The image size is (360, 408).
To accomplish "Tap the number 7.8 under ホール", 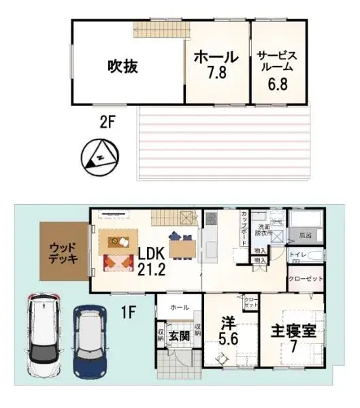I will coord(216,71).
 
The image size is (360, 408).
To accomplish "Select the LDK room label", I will coord(152,254).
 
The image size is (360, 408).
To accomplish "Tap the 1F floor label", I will coord(130,313).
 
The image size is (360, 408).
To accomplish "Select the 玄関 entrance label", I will coord(179,335).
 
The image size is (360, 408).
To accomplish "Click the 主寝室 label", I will coord(295,334).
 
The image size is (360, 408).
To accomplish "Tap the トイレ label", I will coord(297,255).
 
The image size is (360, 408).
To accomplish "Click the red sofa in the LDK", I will coord(118,261).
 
